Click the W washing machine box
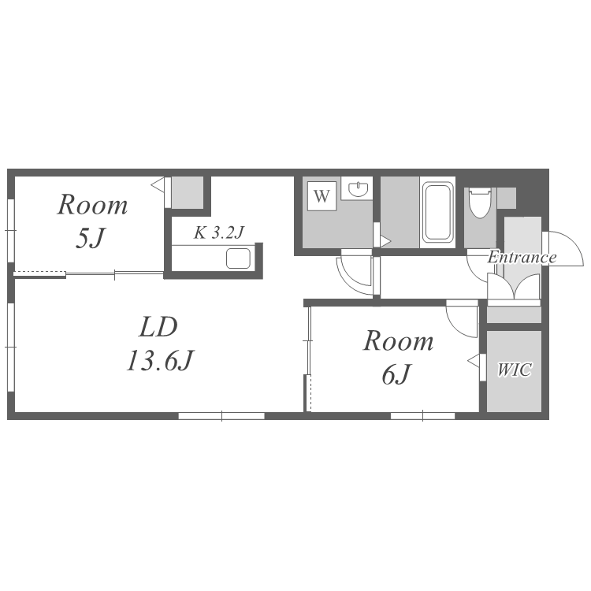coord(322,196)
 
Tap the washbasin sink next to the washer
coord(356,188)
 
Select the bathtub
coord(437,212)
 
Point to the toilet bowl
coord(479,203)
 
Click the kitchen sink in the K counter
coord(238,258)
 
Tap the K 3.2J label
coord(219,232)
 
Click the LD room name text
coord(158,327)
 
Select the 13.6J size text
coord(160,361)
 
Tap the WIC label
coord(514,370)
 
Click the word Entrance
coord(522,258)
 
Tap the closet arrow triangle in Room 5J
coord(158,184)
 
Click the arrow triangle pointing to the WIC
coord(474,361)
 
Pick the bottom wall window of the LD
coord(221,416)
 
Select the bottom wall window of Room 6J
coord(422,416)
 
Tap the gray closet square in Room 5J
coord(188,191)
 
